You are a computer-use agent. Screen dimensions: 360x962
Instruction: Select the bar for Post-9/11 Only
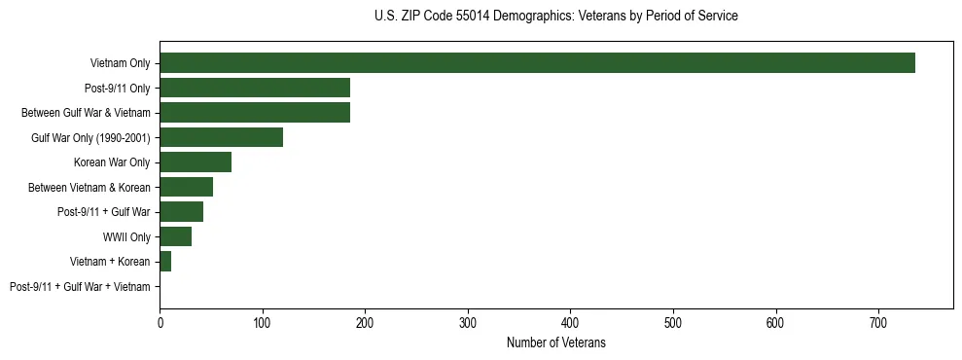pos(255,89)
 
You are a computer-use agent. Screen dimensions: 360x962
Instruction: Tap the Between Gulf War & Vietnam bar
pos(255,113)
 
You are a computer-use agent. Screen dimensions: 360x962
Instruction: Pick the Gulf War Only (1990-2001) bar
pos(221,137)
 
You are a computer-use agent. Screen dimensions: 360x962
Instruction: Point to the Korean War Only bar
pos(196,162)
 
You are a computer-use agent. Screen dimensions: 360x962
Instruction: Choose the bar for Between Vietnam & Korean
pos(186,187)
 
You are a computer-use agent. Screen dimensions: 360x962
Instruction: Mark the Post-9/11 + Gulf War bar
pos(181,212)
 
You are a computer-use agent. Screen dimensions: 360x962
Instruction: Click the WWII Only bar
pos(175,236)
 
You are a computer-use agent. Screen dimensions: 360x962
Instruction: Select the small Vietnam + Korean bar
pos(165,261)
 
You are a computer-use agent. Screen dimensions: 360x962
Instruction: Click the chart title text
pos(555,17)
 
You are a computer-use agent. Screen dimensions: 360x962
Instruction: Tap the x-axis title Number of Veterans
pos(555,342)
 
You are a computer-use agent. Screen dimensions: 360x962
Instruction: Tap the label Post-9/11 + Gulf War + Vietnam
pos(80,286)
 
